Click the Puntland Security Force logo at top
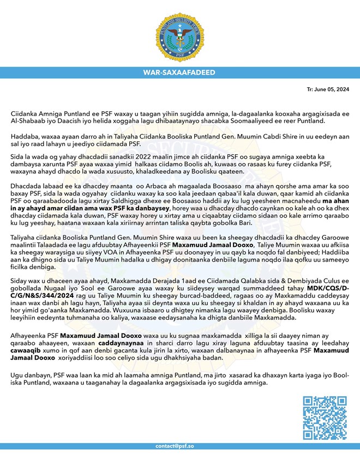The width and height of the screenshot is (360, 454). pos(179,31)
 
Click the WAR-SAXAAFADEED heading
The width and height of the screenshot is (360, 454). pos(179,72)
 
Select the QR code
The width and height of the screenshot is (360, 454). pos(324,418)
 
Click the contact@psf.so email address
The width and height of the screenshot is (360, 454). pos(179,446)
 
